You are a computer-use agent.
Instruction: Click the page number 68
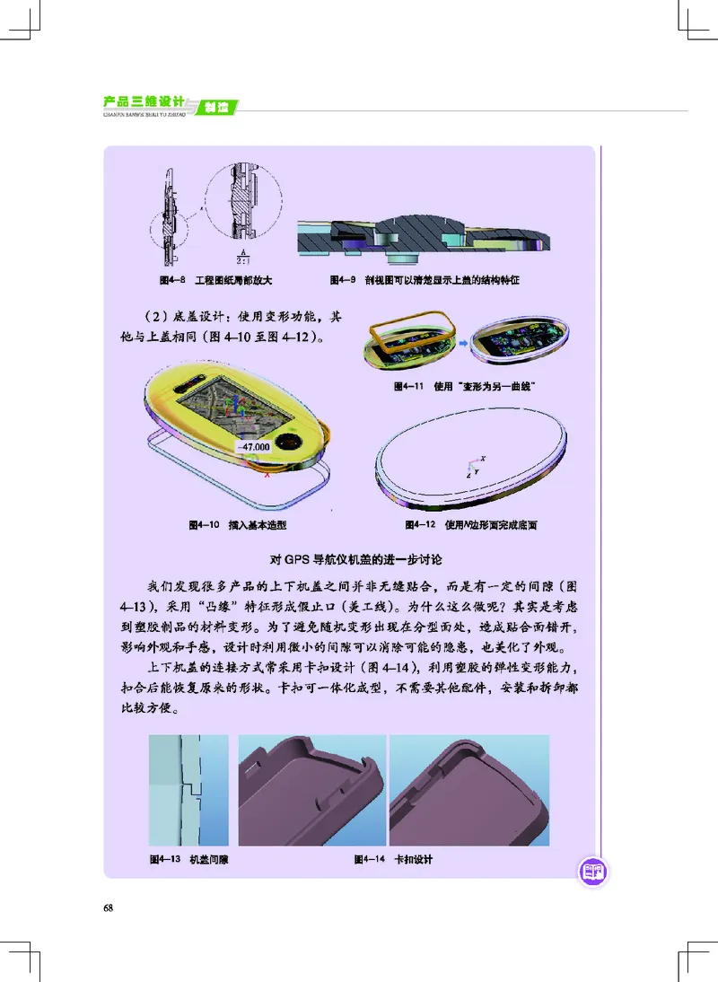pos(109,907)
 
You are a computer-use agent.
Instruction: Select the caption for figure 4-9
pos(425,280)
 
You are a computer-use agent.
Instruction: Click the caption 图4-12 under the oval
pos(471,523)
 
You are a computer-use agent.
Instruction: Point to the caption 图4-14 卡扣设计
pos(394,859)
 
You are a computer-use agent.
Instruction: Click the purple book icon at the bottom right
pos(591,870)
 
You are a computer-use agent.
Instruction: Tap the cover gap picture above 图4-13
pos(188,790)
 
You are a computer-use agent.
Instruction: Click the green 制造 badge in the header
pos(215,107)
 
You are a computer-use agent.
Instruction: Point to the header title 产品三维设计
pos(144,100)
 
